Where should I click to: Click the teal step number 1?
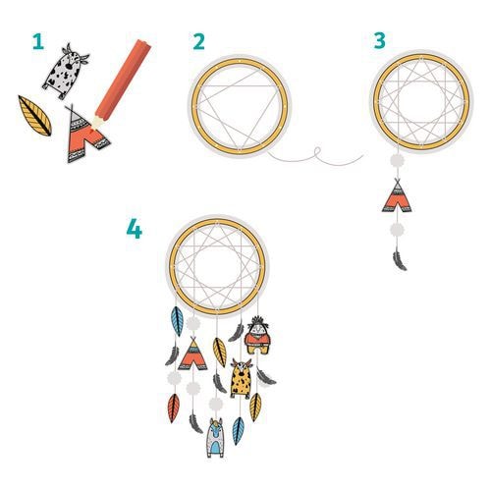click(38, 42)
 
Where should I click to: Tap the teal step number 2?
click(198, 42)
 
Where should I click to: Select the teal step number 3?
click(380, 41)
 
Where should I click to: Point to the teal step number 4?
click(135, 229)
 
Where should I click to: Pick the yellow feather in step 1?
click(34, 116)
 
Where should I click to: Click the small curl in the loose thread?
click(316, 152)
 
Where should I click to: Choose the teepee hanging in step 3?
click(397, 195)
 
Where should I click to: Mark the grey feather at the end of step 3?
click(400, 261)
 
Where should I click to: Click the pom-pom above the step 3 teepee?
click(397, 161)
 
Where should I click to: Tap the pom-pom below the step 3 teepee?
click(397, 231)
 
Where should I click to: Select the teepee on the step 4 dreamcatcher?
click(192, 355)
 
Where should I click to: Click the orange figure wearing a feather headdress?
click(257, 335)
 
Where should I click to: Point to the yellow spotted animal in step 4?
click(241, 378)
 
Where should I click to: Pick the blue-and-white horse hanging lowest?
click(215, 437)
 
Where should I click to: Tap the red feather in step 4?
click(174, 408)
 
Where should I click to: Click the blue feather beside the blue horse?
click(238, 431)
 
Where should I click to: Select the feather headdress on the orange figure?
click(258, 321)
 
